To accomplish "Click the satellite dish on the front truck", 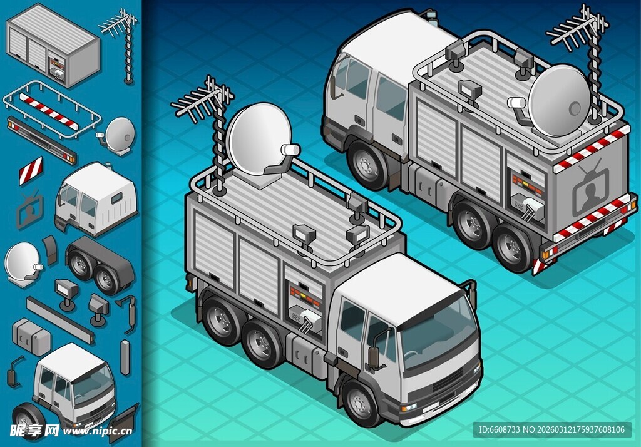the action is (259, 140).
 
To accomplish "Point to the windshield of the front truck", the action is (437, 331).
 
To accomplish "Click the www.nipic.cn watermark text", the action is (97, 431).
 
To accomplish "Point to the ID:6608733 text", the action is (499, 429).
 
